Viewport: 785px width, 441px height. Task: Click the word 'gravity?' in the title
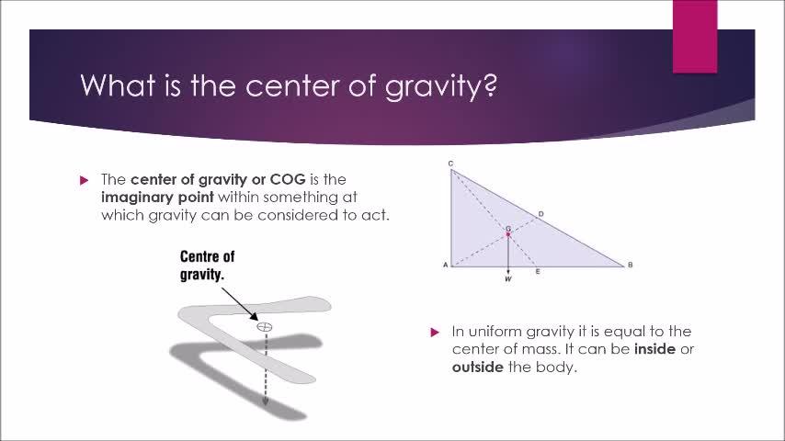441,86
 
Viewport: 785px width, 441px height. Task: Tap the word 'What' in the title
118,85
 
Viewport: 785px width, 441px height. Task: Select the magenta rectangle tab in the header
695,37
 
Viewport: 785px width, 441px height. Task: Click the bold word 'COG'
288,179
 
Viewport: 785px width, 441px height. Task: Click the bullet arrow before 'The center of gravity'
85,180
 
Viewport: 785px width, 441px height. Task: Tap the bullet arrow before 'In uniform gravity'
435,332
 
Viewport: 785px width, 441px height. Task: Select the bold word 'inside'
654,349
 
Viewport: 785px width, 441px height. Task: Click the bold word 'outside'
478,367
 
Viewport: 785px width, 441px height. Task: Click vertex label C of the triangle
450,164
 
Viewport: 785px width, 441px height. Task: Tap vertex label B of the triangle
630,265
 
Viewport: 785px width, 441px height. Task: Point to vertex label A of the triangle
445,265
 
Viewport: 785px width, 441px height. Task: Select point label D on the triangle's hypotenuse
540,214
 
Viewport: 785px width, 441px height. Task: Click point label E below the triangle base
538,271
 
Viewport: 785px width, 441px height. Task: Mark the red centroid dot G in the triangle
508,233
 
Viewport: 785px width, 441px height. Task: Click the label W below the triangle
508,278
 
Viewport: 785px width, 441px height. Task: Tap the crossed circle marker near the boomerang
265,327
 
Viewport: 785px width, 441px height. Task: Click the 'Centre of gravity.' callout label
207,266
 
